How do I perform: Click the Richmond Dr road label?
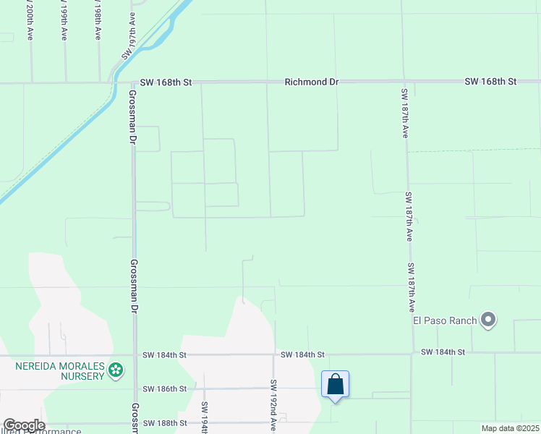point(311,82)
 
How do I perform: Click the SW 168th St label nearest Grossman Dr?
point(166,82)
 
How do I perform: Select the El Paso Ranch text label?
point(445,320)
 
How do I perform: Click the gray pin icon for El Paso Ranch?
point(488,319)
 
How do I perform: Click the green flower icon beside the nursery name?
point(115,371)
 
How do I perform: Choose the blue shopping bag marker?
point(336,384)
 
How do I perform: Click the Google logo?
point(23,426)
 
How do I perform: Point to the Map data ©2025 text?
point(510,428)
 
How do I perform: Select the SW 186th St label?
point(165,388)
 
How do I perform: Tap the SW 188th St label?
point(165,422)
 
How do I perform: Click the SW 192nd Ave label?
point(273,405)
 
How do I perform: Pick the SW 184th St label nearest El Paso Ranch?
point(442,352)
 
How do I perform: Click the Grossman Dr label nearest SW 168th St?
point(133,116)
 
